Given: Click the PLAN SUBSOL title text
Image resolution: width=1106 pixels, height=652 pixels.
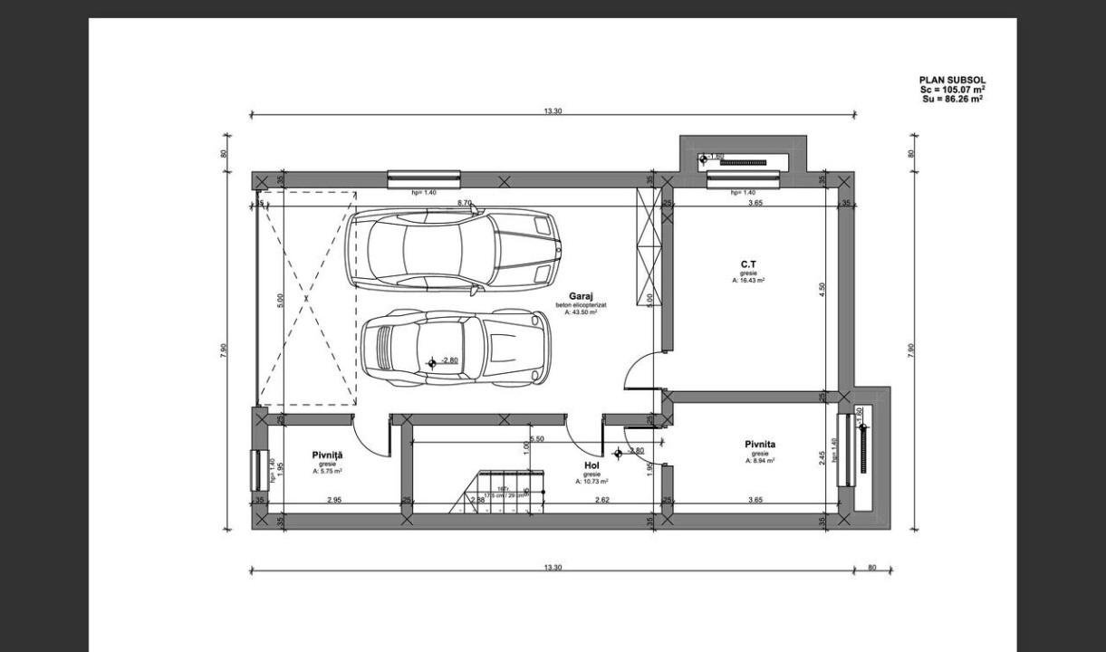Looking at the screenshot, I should pyautogui.click(x=951, y=80).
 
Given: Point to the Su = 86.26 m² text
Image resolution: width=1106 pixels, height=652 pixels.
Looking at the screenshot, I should pyautogui.click(x=951, y=98).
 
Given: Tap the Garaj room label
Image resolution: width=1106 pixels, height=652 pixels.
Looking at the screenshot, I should pyautogui.click(x=581, y=296).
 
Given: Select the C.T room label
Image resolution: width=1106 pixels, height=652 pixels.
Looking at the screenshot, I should pyautogui.click(x=748, y=264).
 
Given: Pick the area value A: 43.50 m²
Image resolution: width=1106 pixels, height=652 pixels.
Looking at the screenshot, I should pyautogui.click(x=581, y=312).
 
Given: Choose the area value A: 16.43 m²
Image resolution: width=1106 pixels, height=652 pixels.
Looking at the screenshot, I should pyautogui.click(x=748, y=281).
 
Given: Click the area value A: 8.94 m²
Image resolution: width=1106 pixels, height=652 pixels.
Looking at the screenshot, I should pyautogui.click(x=760, y=460).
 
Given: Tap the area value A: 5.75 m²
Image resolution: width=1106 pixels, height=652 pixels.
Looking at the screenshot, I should pyautogui.click(x=327, y=471).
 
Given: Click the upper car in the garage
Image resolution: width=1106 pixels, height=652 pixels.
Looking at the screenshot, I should pyautogui.click(x=453, y=250).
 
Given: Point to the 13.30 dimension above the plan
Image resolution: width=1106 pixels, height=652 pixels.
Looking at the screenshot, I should pyautogui.click(x=552, y=111).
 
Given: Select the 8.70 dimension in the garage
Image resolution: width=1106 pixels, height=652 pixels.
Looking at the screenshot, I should pyautogui.click(x=464, y=203).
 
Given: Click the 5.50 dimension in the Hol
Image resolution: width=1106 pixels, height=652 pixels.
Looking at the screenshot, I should pyautogui.click(x=536, y=439).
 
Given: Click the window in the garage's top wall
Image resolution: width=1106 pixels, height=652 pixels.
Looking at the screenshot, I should pyautogui.click(x=424, y=179).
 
